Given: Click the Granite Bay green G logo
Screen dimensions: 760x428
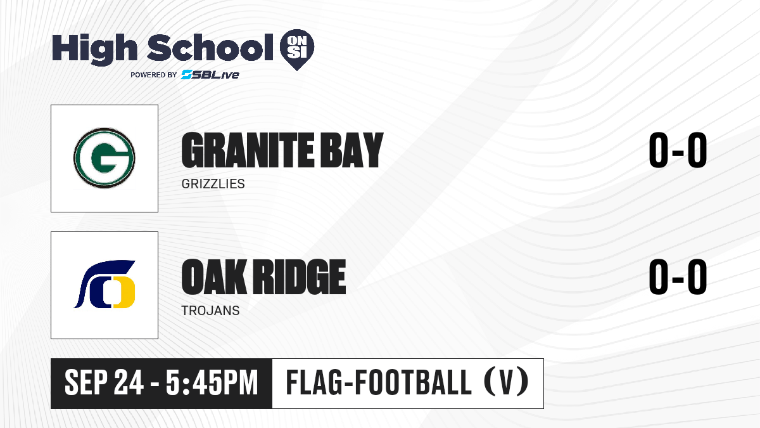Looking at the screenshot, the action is coord(104,158).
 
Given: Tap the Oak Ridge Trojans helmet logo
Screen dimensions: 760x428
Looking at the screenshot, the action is coord(104,284).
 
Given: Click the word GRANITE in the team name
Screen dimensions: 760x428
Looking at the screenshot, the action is coord(248,150).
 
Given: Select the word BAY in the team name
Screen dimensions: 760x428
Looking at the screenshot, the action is coord(352,150).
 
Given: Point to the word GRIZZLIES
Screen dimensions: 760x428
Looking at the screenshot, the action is coord(213,184).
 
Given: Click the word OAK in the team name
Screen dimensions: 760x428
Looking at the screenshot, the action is coord(214,277).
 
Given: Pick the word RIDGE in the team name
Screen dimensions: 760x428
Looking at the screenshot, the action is coord(300,277).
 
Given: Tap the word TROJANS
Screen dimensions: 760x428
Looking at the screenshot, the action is coord(210,311).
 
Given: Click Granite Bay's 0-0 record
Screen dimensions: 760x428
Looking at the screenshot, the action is coord(678,150).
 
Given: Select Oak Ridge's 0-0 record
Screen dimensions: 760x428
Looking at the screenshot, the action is coord(678,276).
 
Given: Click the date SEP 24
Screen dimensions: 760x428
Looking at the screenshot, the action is coord(104,382).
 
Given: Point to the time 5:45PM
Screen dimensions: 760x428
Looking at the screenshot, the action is coord(212,382).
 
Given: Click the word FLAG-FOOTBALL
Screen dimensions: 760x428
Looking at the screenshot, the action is coord(379,382).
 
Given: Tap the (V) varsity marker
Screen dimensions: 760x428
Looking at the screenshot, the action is coord(506,382).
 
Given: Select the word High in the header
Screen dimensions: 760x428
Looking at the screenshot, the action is coord(94,49).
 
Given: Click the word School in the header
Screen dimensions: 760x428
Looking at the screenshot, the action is coord(210,48).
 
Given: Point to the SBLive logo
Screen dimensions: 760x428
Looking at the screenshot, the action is coord(210,75).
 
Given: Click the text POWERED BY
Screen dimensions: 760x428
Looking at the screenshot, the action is coord(154,75).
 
